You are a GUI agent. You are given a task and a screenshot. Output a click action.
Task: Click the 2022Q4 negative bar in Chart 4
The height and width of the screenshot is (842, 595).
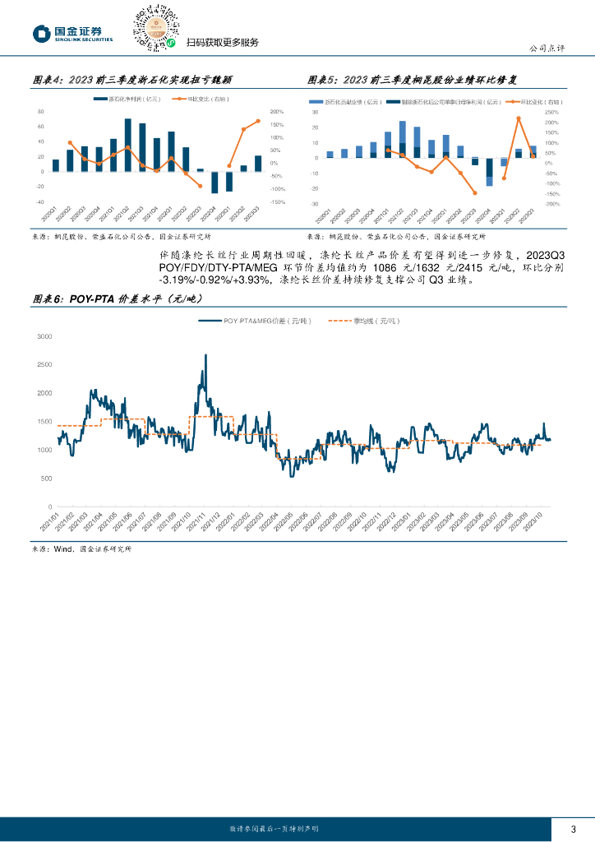(x=214, y=182)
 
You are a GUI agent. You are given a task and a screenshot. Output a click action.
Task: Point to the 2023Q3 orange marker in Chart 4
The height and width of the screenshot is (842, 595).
(x=258, y=121)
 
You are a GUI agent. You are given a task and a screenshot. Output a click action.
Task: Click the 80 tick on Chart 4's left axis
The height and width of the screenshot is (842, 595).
(x=40, y=112)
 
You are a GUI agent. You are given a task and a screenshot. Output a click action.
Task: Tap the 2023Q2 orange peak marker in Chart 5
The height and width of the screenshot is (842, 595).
(x=518, y=118)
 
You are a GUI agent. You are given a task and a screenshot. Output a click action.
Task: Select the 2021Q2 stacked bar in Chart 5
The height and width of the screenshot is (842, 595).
(x=402, y=139)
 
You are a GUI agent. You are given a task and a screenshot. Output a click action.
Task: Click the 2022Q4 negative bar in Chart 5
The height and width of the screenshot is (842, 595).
(x=489, y=171)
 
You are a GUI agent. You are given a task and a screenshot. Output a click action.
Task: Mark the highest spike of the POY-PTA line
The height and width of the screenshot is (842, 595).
(x=205, y=355)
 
